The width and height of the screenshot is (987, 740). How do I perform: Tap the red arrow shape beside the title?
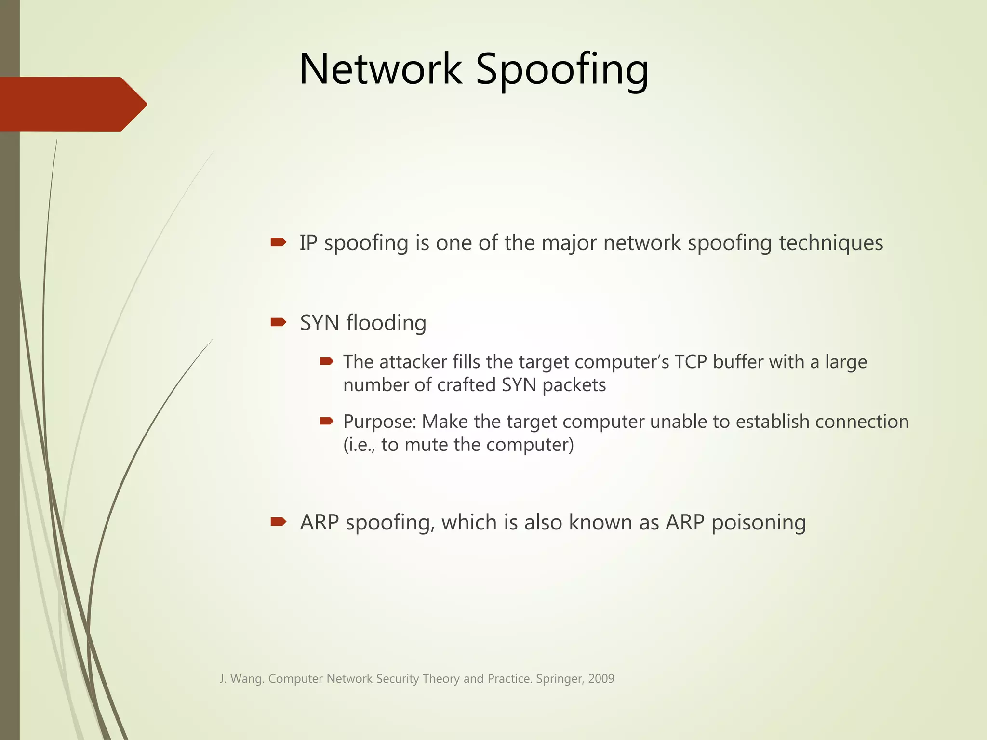pos(72,104)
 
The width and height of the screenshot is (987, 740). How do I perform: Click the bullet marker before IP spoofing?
pos(279,242)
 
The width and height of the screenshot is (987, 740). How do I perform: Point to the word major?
pos(569,243)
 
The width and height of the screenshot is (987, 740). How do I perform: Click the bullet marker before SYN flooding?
pos(279,322)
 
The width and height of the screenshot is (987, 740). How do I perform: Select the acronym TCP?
pos(690,362)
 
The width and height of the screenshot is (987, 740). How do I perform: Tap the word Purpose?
pos(379,422)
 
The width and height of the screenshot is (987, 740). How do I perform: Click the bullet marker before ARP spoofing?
pos(279,521)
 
